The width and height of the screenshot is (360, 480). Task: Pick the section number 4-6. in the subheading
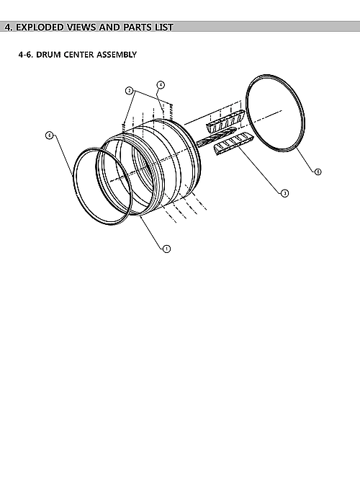pyautogui.click(x=27, y=54)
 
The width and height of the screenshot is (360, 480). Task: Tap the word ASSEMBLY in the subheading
pyautogui.click(x=115, y=54)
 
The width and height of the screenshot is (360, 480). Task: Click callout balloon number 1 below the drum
pyautogui.click(x=166, y=248)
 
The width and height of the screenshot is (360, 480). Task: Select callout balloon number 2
pyautogui.click(x=129, y=91)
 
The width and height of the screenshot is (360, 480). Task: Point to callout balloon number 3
pyautogui.click(x=284, y=193)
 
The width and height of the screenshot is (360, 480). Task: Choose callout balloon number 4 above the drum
pyautogui.click(x=161, y=84)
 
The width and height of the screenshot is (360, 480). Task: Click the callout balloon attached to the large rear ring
pyautogui.click(x=318, y=172)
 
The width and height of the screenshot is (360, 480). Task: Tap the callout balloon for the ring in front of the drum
pyautogui.click(x=49, y=135)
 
